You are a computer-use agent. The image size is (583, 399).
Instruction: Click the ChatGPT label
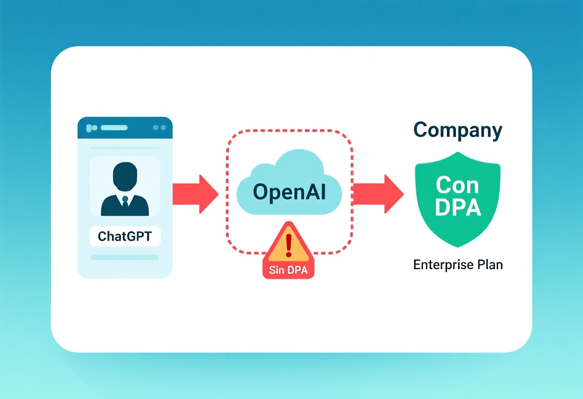click(x=125, y=236)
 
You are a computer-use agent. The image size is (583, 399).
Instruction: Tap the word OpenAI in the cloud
click(x=289, y=192)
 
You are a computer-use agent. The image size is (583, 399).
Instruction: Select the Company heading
click(x=458, y=130)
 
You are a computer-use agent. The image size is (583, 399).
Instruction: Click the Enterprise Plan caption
click(x=458, y=265)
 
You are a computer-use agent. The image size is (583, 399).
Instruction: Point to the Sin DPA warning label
click(x=288, y=270)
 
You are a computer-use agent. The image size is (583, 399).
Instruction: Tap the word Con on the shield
click(x=457, y=185)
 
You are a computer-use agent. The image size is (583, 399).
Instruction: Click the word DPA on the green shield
click(x=458, y=208)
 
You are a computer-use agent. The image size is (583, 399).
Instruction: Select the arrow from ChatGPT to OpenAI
click(x=196, y=194)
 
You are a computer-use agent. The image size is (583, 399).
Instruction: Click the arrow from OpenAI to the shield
click(x=378, y=194)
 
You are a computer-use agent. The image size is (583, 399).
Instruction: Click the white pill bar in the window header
click(x=114, y=128)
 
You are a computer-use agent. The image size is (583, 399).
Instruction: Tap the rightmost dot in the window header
click(x=163, y=128)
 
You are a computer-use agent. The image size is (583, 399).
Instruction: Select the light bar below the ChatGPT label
click(x=125, y=257)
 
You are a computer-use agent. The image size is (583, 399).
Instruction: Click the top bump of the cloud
click(x=299, y=159)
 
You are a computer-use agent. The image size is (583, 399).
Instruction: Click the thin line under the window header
click(x=125, y=148)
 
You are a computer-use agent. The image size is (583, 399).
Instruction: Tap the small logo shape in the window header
click(x=92, y=128)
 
